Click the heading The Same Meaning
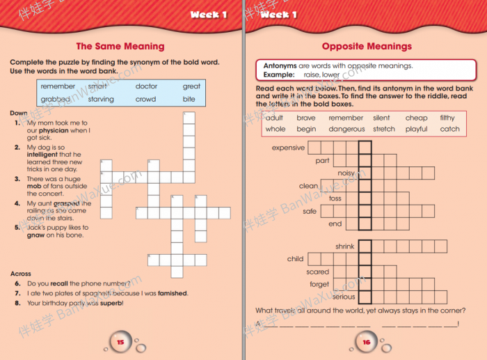(x=120, y=47)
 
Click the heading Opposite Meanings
(x=367, y=47)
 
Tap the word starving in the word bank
(x=101, y=100)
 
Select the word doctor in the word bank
(x=146, y=86)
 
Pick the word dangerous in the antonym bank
(x=346, y=129)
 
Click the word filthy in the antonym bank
(x=447, y=118)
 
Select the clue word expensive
(x=288, y=148)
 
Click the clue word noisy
(x=346, y=173)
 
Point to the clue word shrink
(x=344, y=246)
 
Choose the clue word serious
(x=344, y=297)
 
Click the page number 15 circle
(x=120, y=343)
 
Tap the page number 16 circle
(x=367, y=343)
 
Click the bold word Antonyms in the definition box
(x=280, y=65)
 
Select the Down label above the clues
(x=19, y=113)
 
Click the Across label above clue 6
(x=21, y=274)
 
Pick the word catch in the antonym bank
(x=450, y=129)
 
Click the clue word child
(x=295, y=259)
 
